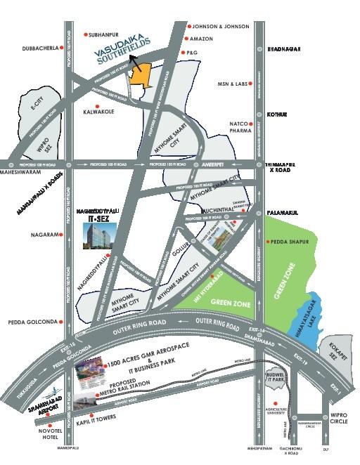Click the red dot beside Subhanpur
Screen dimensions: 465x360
tap(85, 33)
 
